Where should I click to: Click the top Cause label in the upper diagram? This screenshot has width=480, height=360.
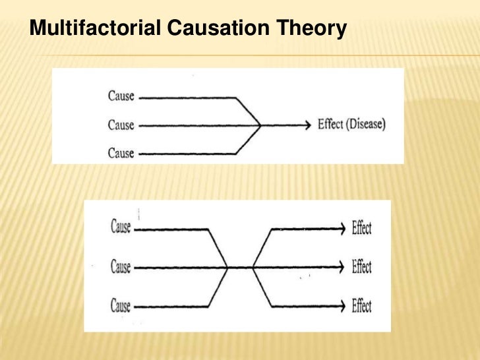tap(121, 96)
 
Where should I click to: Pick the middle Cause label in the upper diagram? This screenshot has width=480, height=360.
tap(121, 125)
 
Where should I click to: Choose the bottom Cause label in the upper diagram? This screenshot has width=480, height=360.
tap(121, 153)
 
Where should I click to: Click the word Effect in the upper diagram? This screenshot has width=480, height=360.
tap(330, 124)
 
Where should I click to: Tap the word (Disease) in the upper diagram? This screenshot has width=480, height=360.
tap(365, 124)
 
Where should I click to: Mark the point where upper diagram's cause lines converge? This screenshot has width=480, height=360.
tap(260, 125)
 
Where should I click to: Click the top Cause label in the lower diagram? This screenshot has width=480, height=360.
tap(121, 228)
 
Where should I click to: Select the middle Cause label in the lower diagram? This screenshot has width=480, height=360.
tap(121, 267)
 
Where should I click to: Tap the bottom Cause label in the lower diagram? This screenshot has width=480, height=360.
tap(121, 305)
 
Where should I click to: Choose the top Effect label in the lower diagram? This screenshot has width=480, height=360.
tap(361, 228)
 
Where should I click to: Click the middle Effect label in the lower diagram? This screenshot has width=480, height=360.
tap(361, 267)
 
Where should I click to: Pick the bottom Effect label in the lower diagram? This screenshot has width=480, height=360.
tap(361, 305)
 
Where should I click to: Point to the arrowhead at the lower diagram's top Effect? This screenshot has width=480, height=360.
tap(342, 229)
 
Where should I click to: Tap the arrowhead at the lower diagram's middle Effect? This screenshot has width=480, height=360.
tap(342, 267)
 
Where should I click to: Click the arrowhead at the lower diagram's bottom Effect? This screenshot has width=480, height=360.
tap(342, 305)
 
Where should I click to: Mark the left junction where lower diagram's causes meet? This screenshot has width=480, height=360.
tap(227, 267)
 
